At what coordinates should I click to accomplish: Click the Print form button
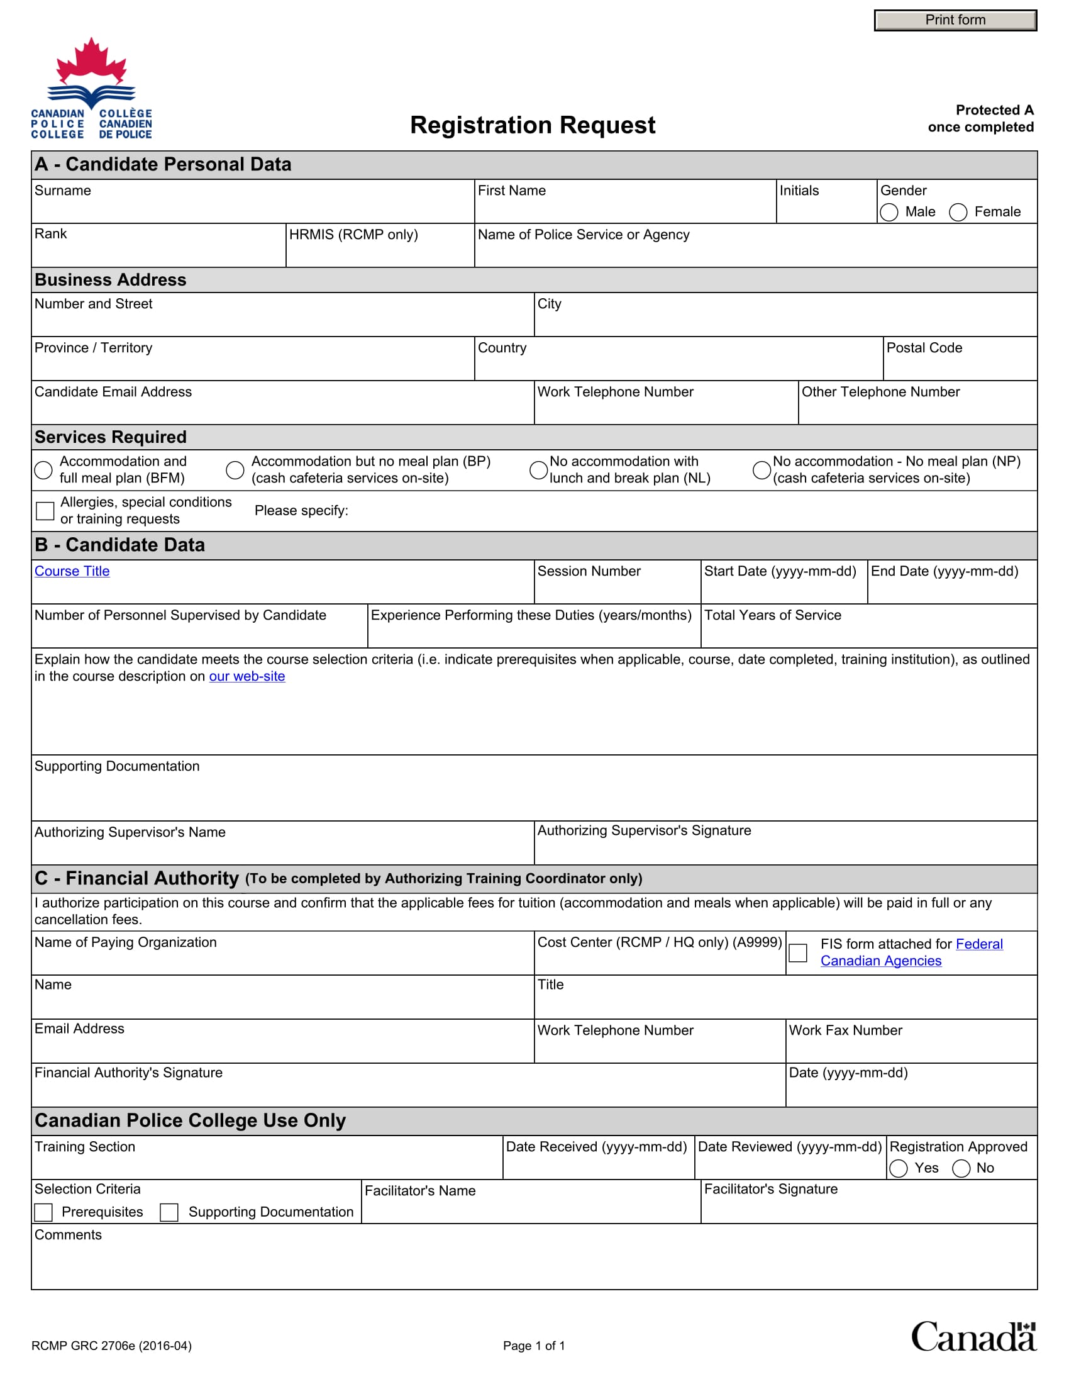point(955,20)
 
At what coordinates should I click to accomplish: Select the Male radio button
point(889,212)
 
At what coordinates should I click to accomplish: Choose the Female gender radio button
point(958,212)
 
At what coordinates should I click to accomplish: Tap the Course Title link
point(72,572)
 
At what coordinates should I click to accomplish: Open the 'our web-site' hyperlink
point(247,677)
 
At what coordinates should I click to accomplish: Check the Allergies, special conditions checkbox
point(45,511)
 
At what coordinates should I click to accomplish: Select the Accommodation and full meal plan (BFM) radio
point(43,470)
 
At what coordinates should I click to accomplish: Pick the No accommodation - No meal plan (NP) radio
point(762,470)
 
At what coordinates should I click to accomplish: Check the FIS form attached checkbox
point(798,953)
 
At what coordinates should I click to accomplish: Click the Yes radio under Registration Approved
point(898,1169)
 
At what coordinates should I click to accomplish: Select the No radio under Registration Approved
point(961,1169)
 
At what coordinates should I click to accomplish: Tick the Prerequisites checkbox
point(43,1213)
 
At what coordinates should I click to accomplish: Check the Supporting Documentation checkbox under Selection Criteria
point(169,1213)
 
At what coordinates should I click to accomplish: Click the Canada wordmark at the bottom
point(973,1337)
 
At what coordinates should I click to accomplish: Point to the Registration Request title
point(533,125)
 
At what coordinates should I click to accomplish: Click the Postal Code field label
point(924,348)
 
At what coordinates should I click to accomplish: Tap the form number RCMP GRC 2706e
point(111,1346)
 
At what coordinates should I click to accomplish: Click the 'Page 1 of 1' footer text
point(534,1346)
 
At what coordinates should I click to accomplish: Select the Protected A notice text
point(981,118)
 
